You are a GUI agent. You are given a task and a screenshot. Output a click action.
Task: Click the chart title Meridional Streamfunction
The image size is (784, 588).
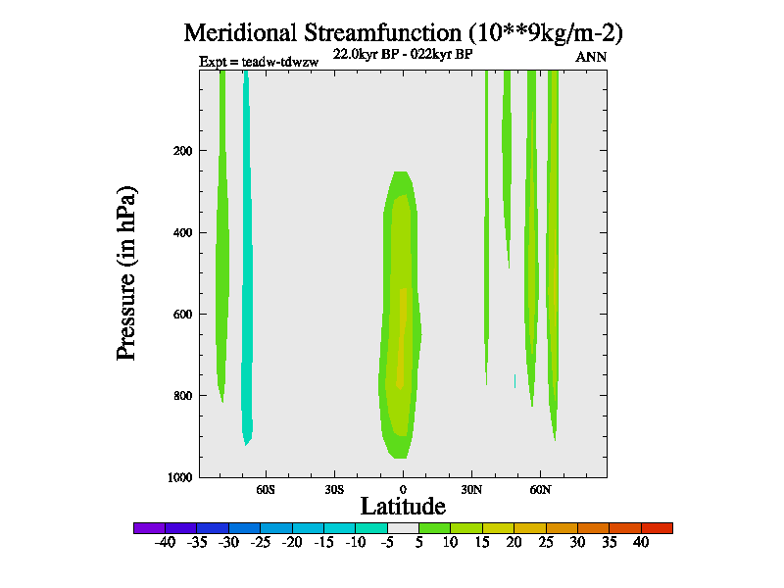pos(404,32)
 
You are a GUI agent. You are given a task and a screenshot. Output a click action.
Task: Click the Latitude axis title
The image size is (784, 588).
pos(403,506)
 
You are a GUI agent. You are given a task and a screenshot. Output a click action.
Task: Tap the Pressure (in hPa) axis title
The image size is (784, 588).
pos(126,272)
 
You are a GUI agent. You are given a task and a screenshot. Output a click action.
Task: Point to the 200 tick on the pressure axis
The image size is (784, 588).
pos(181,151)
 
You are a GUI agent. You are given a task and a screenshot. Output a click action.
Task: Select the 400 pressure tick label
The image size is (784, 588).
pos(181,232)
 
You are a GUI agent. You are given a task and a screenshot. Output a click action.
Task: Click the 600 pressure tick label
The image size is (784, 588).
pos(181,315)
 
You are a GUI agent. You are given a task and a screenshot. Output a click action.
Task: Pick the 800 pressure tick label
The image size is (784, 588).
pos(181,396)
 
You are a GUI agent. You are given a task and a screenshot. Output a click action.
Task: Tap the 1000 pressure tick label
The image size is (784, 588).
pos(178,477)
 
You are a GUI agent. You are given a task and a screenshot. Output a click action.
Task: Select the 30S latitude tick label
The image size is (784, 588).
pos(334,488)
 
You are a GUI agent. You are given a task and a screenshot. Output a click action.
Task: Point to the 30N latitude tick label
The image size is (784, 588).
pos(471,488)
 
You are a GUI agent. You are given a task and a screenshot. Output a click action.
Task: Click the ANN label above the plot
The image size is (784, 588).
pos(591,57)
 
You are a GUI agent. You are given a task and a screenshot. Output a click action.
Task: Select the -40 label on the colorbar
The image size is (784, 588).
pos(164,542)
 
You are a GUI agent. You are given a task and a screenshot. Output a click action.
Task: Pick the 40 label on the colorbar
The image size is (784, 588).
pos(641,542)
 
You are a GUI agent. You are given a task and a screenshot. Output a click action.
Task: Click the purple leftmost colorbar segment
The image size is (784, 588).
pos(149,528)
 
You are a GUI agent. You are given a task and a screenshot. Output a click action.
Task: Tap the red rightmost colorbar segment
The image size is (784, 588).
pos(657,528)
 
